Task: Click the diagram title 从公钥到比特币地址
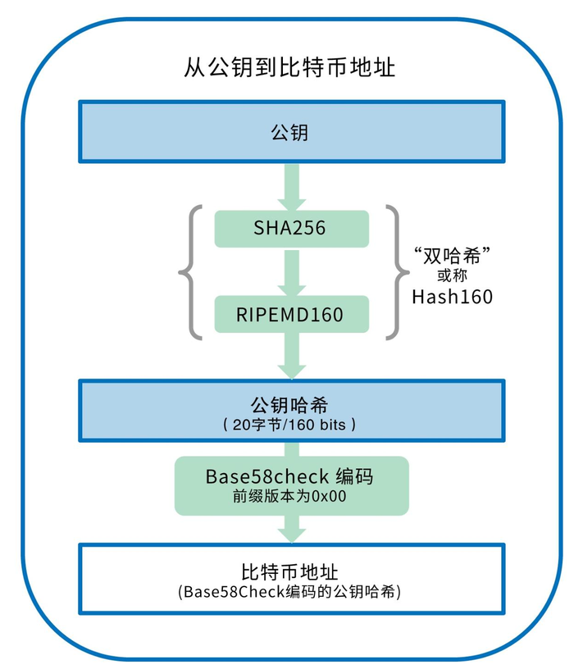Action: (x=289, y=66)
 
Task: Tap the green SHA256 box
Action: (x=289, y=228)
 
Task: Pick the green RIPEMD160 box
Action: (x=289, y=314)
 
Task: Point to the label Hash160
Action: (x=453, y=296)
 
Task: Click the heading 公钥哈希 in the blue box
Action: (x=289, y=405)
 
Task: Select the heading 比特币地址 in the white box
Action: (x=289, y=571)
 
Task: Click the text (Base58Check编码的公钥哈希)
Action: (x=289, y=591)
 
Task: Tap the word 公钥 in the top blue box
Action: (x=289, y=131)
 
